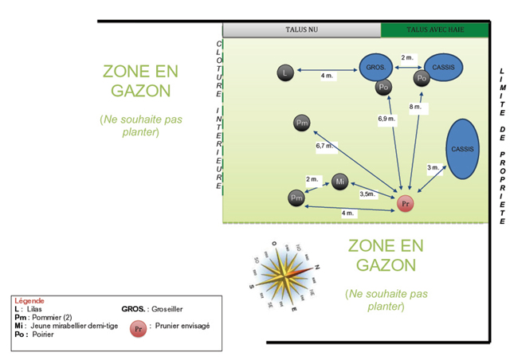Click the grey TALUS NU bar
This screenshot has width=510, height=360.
point(301,30)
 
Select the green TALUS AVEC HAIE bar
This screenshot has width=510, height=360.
point(435,30)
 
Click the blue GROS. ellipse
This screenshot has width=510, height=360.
point(376,68)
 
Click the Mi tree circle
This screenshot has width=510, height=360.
point(339,182)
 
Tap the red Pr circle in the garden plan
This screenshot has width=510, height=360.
point(406,204)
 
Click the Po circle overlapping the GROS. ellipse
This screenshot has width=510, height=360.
point(384,87)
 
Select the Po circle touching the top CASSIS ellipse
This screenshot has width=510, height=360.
point(422,78)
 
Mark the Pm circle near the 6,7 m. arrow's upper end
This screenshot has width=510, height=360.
point(301,123)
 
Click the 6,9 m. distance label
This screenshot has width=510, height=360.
point(386,119)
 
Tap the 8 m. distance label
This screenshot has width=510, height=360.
point(415,106)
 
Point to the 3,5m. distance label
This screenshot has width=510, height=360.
point(367,194)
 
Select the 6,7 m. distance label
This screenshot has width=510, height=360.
point(324,147)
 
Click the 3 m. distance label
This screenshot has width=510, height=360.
point(433,167)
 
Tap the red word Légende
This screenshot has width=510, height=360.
point(29,300)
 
